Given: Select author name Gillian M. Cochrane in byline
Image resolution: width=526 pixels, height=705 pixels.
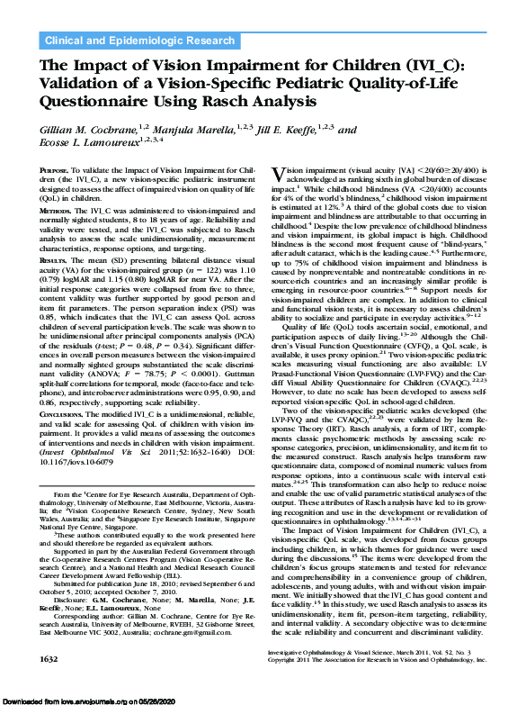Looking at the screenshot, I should [x=86, y=130].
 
